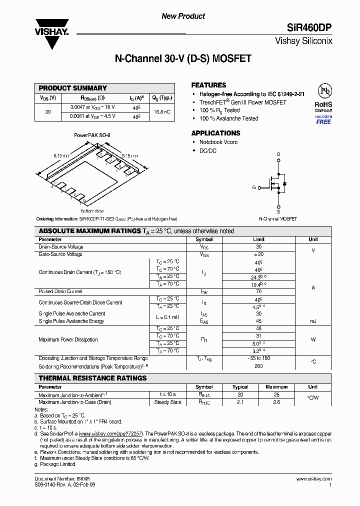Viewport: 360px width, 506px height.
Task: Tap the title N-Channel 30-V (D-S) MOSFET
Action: click(x=183, y=59)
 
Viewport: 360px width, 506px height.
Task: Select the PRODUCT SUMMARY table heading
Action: click(x=73, y=88)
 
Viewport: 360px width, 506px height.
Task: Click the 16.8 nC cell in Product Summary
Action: click(x=161, y=111)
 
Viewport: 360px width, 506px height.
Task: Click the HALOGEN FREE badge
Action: click(x=323, y=120)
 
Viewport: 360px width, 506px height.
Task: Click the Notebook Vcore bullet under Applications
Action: click(x=218, y=142)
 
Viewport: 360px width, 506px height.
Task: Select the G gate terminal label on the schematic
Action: click(x=254, y=187)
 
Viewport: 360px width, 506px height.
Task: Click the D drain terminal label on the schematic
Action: click(x=278, y=154)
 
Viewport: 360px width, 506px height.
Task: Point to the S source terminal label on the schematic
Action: click(x=278, y=211)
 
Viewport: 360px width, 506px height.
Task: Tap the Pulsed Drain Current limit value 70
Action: click(x=258, y=291)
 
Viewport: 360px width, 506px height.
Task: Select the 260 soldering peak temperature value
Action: click(x=258, y=365)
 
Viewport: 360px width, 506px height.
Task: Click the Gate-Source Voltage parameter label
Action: click(x=60, y=254)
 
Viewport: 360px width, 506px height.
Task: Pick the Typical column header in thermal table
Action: click(x=240, y=387)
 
